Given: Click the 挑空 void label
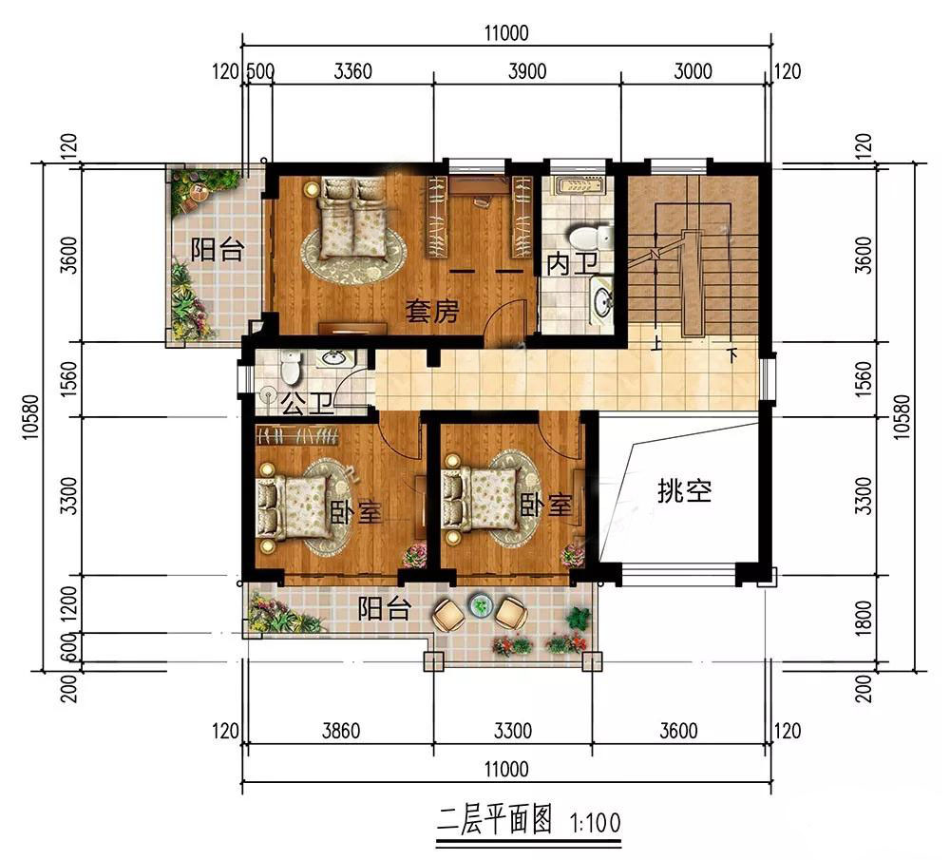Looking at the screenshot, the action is pyautogui.click(x=685, y=490).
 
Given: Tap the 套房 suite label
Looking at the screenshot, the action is pyautogui.click(x=432, y=311).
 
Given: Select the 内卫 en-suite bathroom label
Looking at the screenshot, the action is pyautogui.click(x=572, y=263).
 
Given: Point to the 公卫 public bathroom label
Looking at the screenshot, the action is pyautogui.click(x=308, y=403).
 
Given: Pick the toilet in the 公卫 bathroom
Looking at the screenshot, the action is pyautogui.click(x=291, y=367).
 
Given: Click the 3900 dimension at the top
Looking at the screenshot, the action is pyautogui.click(x=527, y=71).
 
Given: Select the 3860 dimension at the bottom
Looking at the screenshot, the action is pyautogui.click(x=340, y=731).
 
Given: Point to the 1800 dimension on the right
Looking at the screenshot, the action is pyautogui.click(x=864, y=618).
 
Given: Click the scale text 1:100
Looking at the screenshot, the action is pyautogui.click(x=596, y=823).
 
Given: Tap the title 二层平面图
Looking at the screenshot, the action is pyautogui.click(x=494, y=821).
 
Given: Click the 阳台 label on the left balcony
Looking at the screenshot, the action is pyautogui.click(x=218, y=249).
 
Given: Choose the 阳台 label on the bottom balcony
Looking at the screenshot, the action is pyautogui.click(x=385, y=608).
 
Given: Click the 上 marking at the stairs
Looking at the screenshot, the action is pyautogui.click(x=656, y=346).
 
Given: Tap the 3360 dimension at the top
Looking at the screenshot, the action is pyautogui.click(x=352, y=71).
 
